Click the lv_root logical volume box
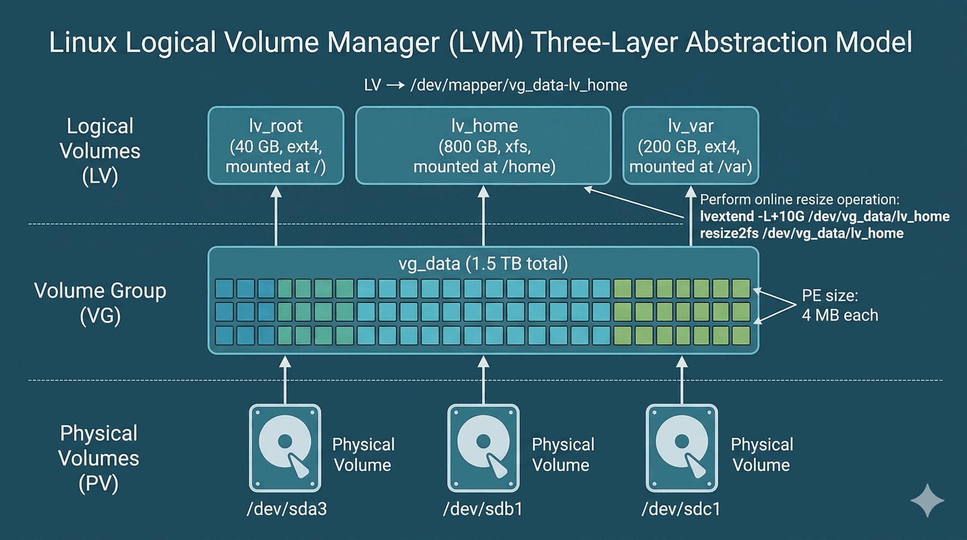pos(276,146)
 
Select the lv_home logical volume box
pos(483,146)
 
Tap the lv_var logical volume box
pos(690,146)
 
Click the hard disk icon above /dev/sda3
pos(285,448)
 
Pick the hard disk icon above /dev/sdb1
pos(483,448)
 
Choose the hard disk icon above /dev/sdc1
pos(682,448)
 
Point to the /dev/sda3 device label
pos(286,509)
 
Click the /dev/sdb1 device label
pos(483,509)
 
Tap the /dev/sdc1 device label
pos(681,509)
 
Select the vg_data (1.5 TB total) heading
pos(483,264)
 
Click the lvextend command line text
pos(824,216)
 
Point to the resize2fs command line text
pos(801,233)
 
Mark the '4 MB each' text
pos(839,315)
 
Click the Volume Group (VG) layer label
pos(100,302)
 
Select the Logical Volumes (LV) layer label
pos(100,151)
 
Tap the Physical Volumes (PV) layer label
pos(99,458)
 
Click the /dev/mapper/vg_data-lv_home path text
pos(519,85)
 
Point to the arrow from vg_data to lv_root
pos(276,216)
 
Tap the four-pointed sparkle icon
pos(927,500)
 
